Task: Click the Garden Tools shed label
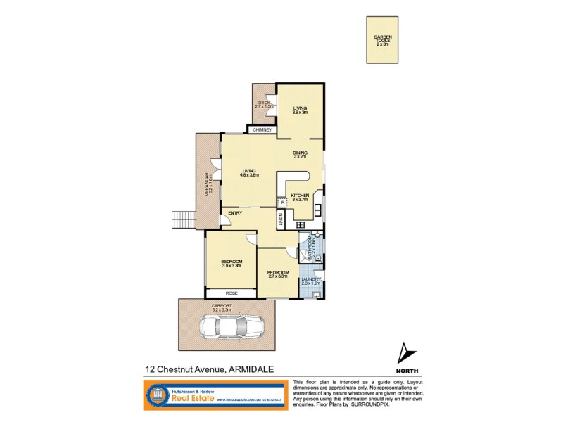pos(382,39)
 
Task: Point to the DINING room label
pos(301,154)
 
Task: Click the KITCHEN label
pos(301,197)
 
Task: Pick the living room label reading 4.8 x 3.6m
pos(249,172)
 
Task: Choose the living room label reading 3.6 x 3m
pos(301,110)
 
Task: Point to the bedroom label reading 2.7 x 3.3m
pos(278,274)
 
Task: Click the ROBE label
pos(231,293)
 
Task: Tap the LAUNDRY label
pos(310,281)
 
